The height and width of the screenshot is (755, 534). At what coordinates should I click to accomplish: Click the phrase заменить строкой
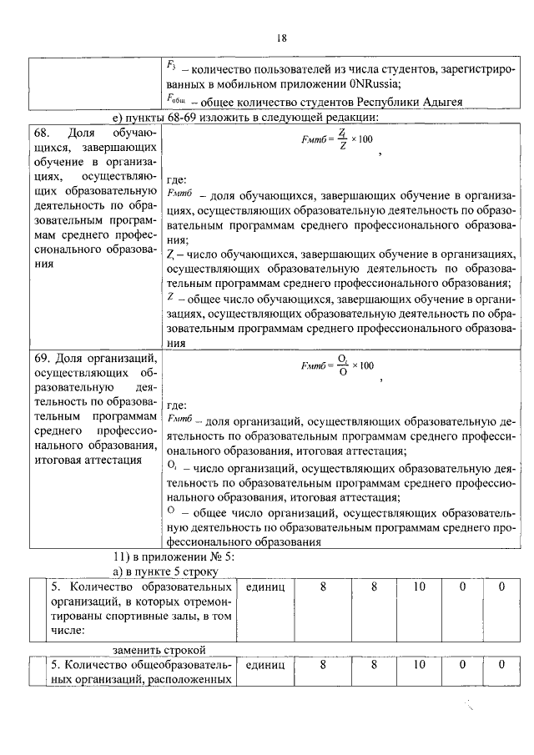159,650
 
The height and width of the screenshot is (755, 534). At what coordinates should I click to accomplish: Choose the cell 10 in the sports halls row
419,587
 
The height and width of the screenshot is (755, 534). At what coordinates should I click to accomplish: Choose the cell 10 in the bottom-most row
419,665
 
